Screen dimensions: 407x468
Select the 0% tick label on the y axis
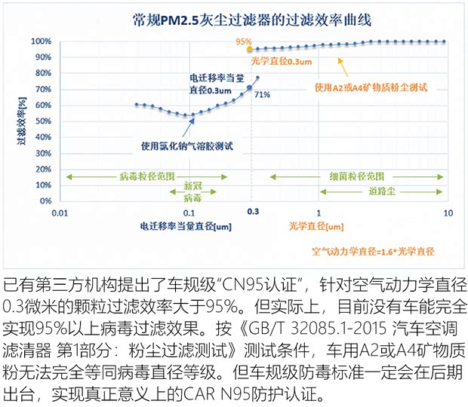(x=44, y=202)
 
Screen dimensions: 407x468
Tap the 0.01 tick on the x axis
(x=60, y=214)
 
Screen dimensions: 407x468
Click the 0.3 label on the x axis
(x=253, y=214)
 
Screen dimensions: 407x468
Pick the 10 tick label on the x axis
(x=448, y=214)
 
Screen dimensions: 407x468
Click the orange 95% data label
(x=243, y=42)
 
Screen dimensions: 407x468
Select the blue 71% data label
(x=262, y=95)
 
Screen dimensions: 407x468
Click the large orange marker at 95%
(x=250, y=49)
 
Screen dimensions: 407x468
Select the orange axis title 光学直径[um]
(x=314, y=227)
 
